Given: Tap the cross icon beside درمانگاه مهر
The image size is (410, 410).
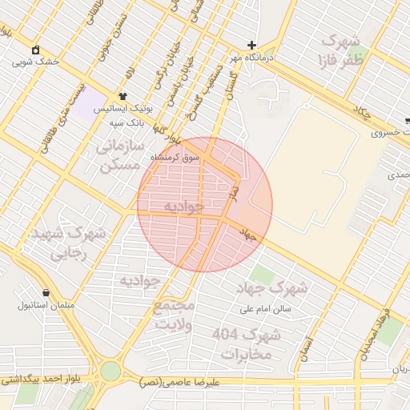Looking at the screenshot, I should coord(252,45).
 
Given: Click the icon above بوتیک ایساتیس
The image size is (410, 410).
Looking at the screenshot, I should coord(123,95).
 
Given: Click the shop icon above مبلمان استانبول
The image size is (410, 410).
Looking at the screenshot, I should coord(46,292).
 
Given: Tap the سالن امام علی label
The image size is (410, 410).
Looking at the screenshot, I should coord(266,307).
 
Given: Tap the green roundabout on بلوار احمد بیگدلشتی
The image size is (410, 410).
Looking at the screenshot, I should coord(110,371).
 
